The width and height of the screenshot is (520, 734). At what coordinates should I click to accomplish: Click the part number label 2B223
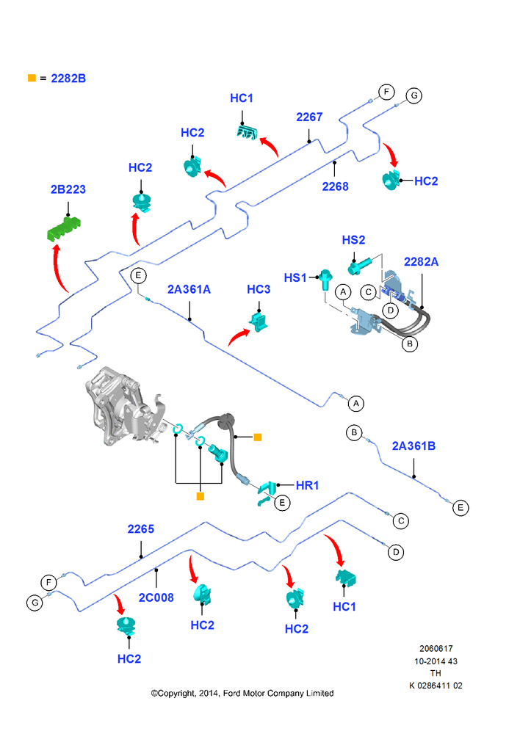click(x=68, y=189)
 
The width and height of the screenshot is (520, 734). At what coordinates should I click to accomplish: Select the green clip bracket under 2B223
click(x=65, y=228)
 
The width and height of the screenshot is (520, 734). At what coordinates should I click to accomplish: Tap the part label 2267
click(x=309, y=117)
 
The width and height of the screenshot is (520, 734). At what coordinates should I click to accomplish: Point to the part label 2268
click(x=335, y=186)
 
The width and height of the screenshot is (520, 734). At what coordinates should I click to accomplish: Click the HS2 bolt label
click(x=353, y=240)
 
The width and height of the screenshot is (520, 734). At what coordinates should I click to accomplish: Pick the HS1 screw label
click(x=295, y=278)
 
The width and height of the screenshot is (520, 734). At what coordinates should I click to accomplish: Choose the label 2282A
click(x=421, y=262)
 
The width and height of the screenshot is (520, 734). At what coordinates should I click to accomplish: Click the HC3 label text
click(x=259, y=290)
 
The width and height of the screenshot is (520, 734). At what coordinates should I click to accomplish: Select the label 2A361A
click(x=189, y=290)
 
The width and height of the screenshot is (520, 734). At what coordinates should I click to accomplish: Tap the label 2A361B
click(x=414, y=446)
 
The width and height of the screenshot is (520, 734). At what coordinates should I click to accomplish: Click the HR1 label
click(x=307, y=485)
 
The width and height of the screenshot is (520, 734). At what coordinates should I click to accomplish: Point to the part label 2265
click(x=140, y=529)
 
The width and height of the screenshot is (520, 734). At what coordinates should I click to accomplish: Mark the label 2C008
click(x=156, y=597)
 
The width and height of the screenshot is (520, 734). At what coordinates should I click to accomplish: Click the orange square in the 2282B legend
click(x=32, y=79)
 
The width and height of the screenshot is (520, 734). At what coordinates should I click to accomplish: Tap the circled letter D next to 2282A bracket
click(x=390, y=310)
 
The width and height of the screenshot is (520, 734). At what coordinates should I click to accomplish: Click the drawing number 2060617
click(x=436, y=649)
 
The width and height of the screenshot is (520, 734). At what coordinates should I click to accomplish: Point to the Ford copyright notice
click(x=242, y=694)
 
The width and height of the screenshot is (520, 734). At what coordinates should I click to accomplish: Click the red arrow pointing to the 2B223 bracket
click(x=59, y=268)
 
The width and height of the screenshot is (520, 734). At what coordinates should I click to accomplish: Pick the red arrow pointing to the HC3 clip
click(x=239, y=336)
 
